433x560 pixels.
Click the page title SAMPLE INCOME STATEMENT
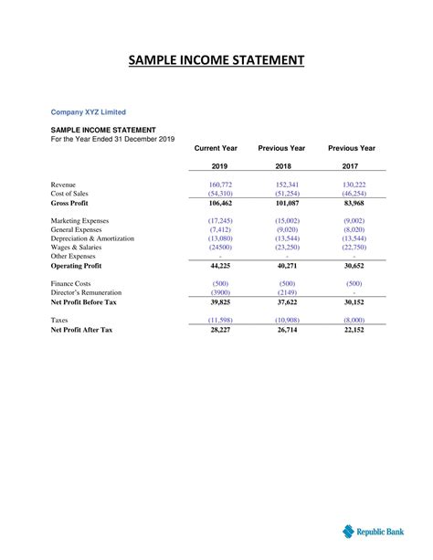[216, 61]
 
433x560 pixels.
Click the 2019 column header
[220, 166]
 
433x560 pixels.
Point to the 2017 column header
[352, 166]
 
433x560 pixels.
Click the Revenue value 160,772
[220, 185]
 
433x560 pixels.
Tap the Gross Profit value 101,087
[286, 203]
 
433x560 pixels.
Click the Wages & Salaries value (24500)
[220, 248]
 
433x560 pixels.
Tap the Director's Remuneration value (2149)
[286, 292]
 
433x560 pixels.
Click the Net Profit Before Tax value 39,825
[220, 301]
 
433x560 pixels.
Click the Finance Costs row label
[73, 283]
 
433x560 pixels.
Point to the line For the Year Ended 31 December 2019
[111, 139]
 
